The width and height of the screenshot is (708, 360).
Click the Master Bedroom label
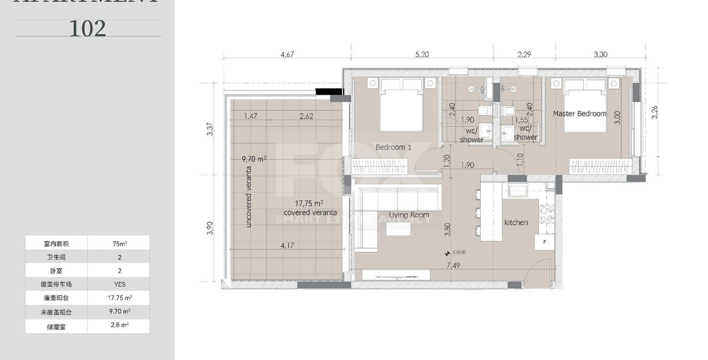579,113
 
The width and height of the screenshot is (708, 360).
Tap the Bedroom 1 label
393,147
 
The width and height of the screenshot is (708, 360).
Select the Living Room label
409,215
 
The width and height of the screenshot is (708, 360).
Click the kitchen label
516,223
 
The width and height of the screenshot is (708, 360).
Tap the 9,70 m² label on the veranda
254,159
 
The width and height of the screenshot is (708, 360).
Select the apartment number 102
88,28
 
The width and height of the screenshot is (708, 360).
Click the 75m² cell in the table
119,244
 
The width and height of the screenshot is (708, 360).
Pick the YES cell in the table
119,284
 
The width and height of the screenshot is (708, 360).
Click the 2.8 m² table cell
119,325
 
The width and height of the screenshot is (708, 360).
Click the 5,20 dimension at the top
421,54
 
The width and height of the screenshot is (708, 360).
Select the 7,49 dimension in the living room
453,265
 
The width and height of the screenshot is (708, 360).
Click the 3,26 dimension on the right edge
655,112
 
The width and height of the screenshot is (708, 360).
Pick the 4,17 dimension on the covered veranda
287,245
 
